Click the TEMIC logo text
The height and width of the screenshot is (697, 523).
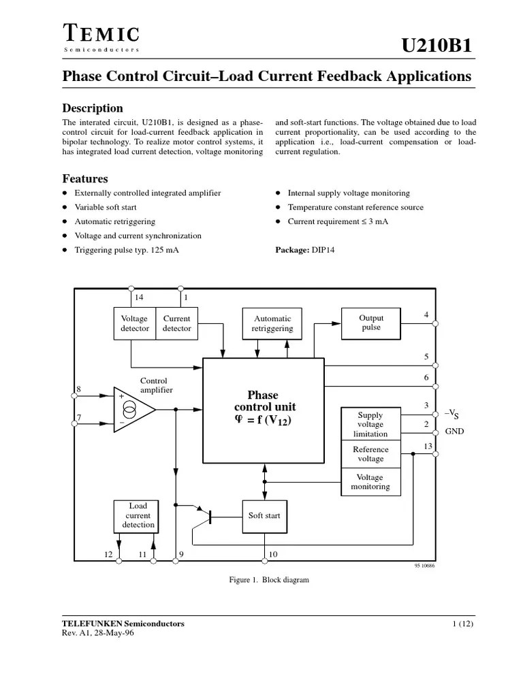(x=101, y=33)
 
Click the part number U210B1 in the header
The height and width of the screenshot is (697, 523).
(x=436, y=46)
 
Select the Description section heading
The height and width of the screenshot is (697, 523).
(x=93, y=108)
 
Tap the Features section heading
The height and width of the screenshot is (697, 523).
(x=85, y=179)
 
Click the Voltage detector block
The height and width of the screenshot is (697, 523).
(x=134, y=323)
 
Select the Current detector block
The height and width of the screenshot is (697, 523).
(x=176, y=323)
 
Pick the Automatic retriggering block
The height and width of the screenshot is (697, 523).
(x=272, y=323)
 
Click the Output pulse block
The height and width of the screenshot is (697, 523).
(x=371, y=323)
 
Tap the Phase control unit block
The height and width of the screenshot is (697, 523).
(x=263, y=409)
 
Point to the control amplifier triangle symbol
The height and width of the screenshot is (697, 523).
(x=133, y=410)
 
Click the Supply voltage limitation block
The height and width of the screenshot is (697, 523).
(x=370, y=424)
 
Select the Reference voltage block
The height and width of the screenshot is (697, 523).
(x=370, y=454)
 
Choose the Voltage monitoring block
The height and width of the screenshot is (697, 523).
(x=370, y=482)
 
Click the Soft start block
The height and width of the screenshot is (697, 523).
(x=264, y=516)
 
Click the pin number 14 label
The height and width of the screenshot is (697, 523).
(x=139, y=297)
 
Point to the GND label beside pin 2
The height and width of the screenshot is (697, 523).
(x=454, y=432)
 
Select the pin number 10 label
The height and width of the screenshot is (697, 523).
(x=273, y=555)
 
